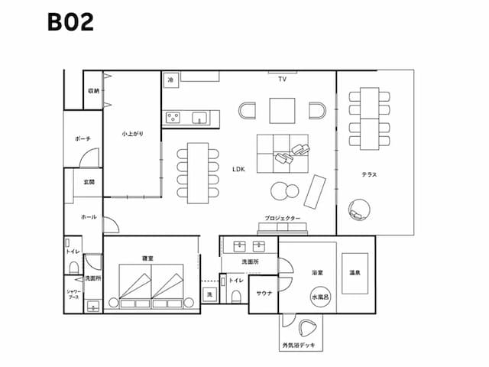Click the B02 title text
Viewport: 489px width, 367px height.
pos(70,22)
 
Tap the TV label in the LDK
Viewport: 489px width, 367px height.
pos(282,80)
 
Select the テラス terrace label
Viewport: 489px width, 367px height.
pos(369,174)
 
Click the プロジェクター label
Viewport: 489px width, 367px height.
pos(283,219)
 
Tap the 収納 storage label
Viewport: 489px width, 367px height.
pos(93,90)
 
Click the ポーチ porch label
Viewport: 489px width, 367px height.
pos(83,139)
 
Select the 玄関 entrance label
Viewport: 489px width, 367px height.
pos(89,182)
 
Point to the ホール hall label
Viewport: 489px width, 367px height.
pos(89,217)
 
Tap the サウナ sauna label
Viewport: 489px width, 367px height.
pos(264,294)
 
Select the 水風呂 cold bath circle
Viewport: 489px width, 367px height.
pos(319,295)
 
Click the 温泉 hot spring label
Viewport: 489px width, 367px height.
pos(355,272)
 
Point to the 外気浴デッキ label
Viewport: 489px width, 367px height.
pos(303,346)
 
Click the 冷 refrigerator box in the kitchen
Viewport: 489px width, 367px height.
pos(170,79)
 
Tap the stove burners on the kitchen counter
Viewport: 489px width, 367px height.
pos(173,118)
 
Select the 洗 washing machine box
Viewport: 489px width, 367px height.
pos(209,294)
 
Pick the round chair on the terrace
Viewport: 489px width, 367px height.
pos(358,209)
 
